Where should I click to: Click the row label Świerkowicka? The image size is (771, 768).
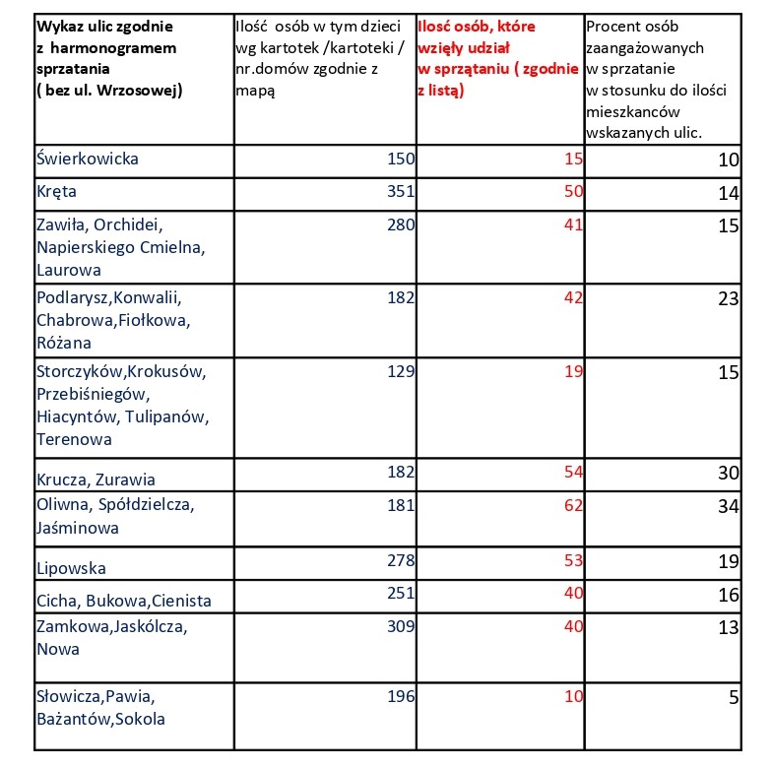[x=87, y=159]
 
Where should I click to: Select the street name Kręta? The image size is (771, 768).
[x=56, y=191]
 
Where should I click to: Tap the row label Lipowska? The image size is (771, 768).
[x=71, y=568]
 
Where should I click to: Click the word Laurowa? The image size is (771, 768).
[x=68, y=270]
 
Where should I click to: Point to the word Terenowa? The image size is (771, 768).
[x=74, y=439]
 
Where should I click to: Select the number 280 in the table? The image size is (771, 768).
[x=401, y=224]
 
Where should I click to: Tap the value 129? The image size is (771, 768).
[x=401, y=370]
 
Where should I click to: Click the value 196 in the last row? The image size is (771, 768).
[x=401, y=697]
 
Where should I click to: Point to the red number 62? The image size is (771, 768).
[x=573, y=504]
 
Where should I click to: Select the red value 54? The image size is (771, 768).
[x=573, y=473]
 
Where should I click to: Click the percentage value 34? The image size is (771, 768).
[x=728, y=507]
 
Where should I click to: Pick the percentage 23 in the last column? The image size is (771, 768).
[x=728, y=299]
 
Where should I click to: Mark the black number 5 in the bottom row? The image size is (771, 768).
[x=734, y=699]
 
